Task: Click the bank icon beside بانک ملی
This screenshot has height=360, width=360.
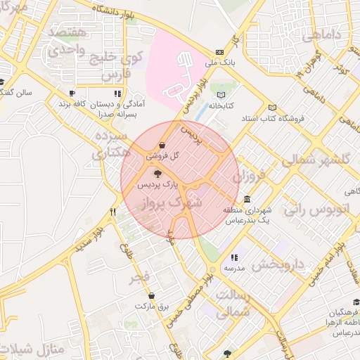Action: tap(220, 52)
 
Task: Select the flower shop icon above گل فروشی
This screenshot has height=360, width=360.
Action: tap(162, 144)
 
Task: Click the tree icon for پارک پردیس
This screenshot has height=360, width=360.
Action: tap(156, 173)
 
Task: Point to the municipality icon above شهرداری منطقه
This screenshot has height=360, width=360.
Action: tap(247, 199)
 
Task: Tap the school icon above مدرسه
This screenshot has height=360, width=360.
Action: tap(234, 258)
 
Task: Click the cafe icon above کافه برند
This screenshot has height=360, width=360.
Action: tap(72, 93)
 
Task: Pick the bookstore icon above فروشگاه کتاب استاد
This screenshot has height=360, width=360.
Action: tap(272, 108)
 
